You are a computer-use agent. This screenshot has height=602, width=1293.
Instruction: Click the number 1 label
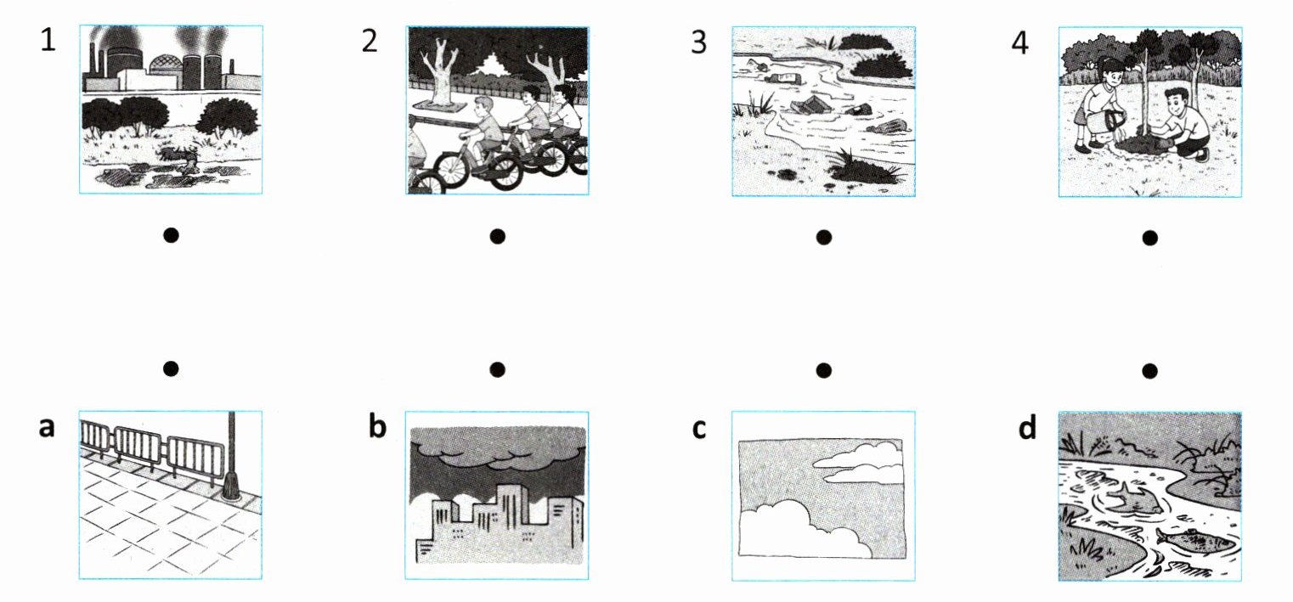click(48, 41)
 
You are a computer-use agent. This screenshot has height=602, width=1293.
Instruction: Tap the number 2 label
click(370, 41)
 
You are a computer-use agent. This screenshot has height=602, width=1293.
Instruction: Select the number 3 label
click(698, 42)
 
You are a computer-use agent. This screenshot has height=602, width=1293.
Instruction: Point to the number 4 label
click(1020, 42)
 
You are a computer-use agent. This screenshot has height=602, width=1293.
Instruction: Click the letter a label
click(47, 428)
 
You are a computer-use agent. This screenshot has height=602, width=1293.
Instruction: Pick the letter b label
click(377, 426)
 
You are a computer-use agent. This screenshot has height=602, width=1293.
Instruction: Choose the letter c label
click(699, 429)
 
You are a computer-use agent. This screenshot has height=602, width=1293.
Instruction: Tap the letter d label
click(1027, 427)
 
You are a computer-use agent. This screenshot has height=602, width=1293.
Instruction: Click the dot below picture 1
click(171, 235)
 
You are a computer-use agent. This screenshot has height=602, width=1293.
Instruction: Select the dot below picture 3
click(824, 237)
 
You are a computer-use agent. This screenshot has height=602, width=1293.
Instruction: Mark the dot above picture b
click(497, 369)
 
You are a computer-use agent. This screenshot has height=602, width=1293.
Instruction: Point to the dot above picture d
click(1149, 370)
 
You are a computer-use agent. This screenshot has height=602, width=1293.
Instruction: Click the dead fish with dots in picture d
click(1194, 539)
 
